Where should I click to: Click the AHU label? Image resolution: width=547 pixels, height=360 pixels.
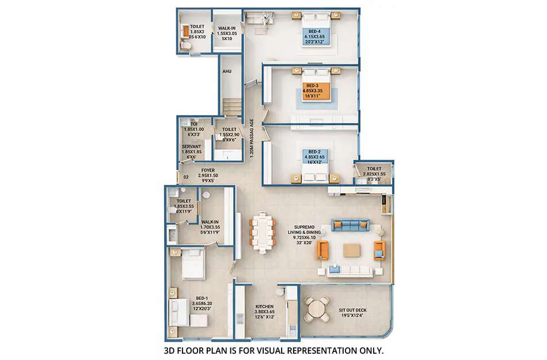tap(227, 72)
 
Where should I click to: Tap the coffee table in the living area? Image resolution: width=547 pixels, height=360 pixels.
tap(352, 250)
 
